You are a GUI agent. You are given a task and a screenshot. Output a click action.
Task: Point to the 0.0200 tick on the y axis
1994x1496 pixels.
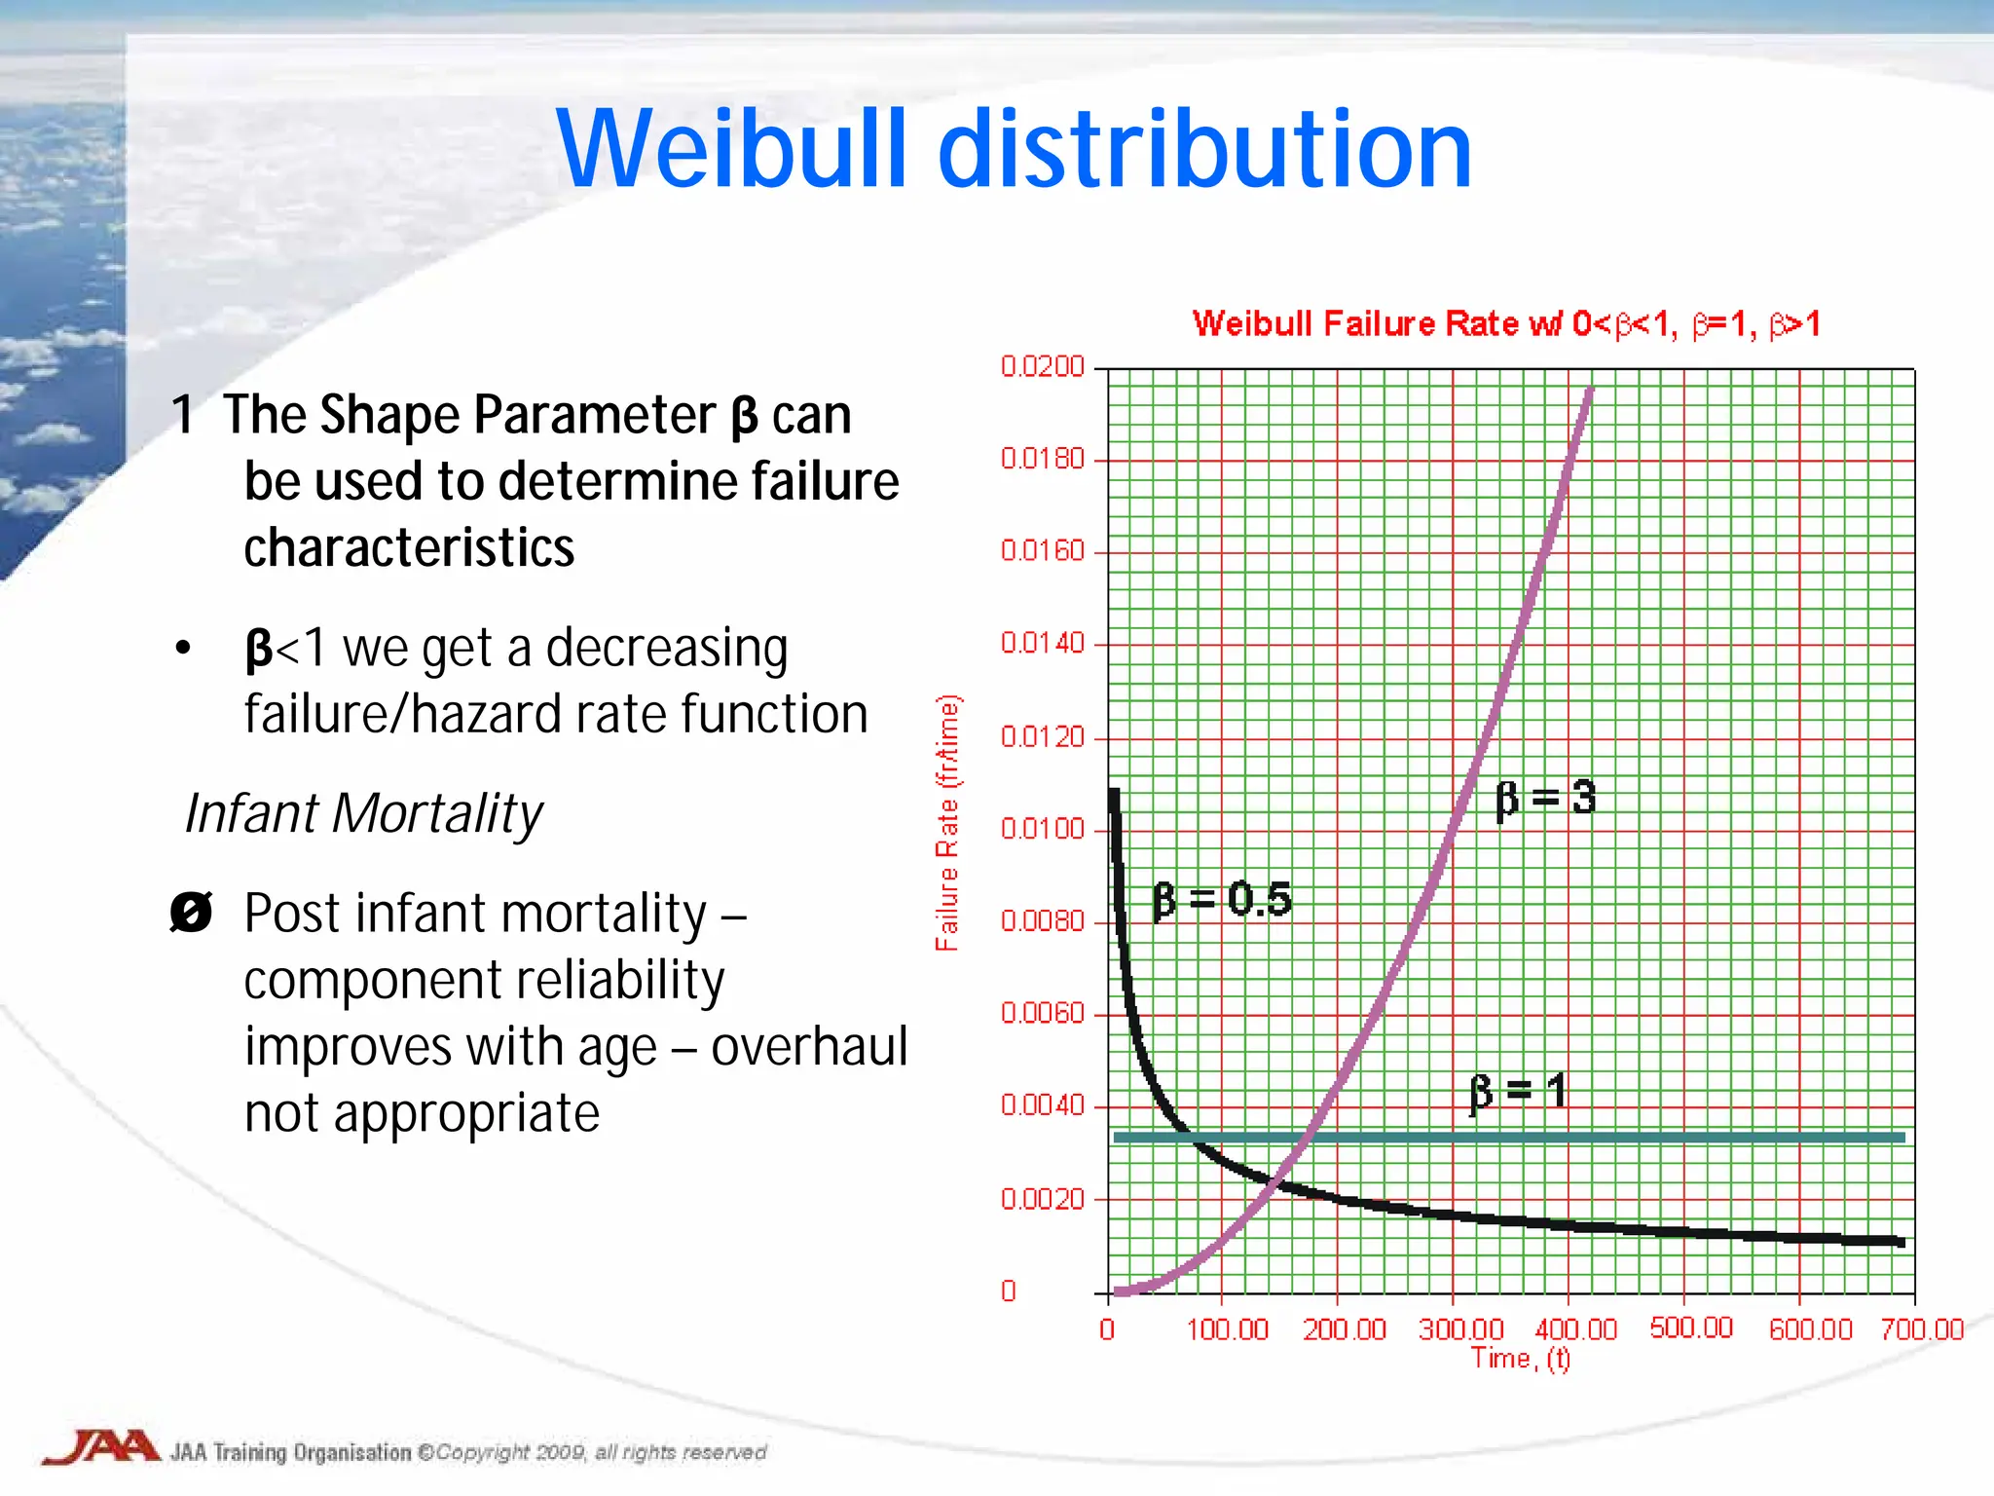(x=1042, y=367)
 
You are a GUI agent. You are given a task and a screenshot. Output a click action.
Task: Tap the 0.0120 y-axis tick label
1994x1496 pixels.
(x=1042, y=737)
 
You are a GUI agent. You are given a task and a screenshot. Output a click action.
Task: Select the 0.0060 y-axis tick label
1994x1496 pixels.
(x=1042, y=1014)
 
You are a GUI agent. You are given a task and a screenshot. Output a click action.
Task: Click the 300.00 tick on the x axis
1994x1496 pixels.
(x=1460, y=1329)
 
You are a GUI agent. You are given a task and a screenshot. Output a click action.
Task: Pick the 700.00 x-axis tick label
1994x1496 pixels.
(x=1922, y=1329)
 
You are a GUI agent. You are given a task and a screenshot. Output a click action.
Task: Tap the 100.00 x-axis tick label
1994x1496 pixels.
(x=1228, y=1329)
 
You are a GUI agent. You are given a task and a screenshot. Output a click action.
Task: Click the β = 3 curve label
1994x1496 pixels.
(x=1546, y=799)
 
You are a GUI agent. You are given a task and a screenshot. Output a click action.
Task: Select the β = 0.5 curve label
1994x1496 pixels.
(x=1222, y=899)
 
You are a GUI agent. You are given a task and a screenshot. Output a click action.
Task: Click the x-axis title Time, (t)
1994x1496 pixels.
(x=1520, y=1359)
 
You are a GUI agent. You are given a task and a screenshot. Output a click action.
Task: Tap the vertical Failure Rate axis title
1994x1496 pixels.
(x=947, y=823)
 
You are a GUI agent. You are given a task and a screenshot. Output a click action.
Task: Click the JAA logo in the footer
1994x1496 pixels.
(x=101, y=1447)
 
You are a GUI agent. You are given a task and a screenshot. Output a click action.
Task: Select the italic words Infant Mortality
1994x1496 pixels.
(x=363, y=813)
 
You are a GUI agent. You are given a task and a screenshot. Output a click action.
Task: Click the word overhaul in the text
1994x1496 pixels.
(x=809, y=1047)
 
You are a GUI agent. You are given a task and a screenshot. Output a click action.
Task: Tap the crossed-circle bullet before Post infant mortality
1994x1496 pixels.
(x=191, y=913)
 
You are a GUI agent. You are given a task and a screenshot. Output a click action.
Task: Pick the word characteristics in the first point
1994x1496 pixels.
(x=409, y=547)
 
